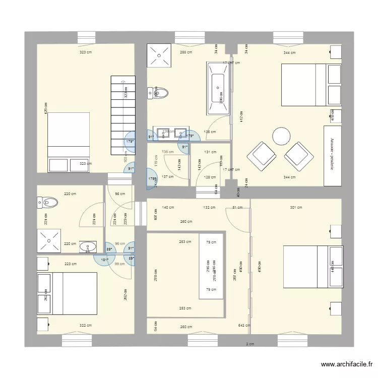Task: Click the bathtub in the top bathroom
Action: click(x=218, y=88)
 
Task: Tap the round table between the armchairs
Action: click(x=281, y=136)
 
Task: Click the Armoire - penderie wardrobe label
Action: click(x=332, y=154)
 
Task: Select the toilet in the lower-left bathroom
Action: click(x=47, y=203)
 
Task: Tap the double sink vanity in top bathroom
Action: click(x=172, y=134)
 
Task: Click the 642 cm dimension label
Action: click(x=244, y=326)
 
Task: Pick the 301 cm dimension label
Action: click(x=296, y=207)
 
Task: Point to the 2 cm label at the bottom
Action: click(x=249, y=344)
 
